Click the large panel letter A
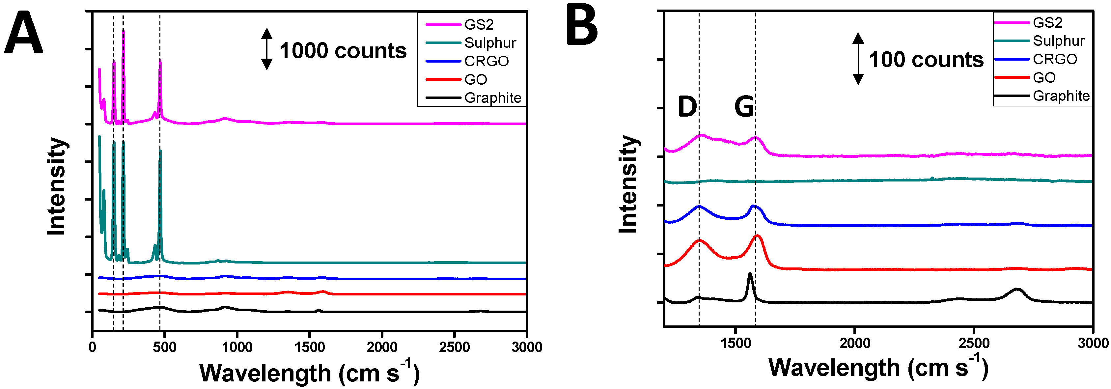(24, 34)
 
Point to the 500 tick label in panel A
(165, 347)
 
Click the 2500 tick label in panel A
(454, 347)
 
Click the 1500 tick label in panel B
(736, 343)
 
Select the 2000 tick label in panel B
(855, 343)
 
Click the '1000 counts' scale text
(343, 50)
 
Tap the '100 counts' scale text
(926, 60)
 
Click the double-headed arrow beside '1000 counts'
(267, 49)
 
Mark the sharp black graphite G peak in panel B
(750, 275)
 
